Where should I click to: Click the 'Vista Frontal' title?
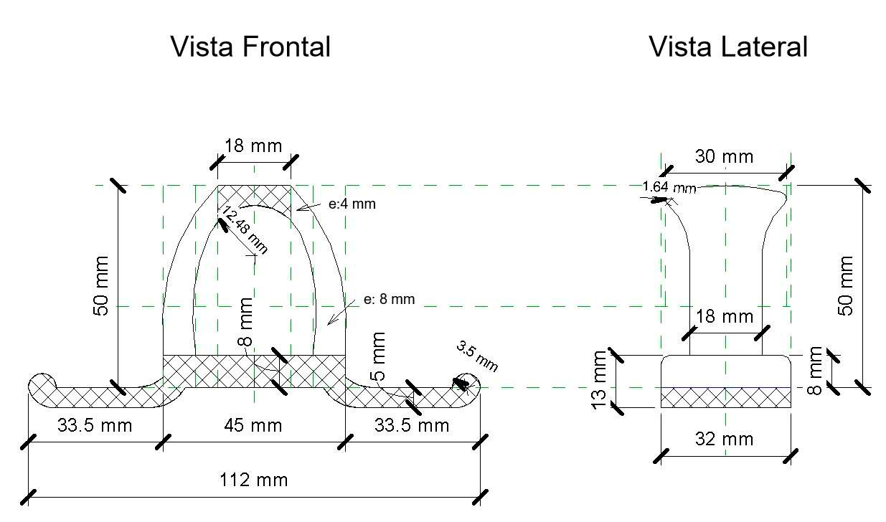click(x=250, y=47)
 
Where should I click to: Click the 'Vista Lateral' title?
click(x=728, y=47)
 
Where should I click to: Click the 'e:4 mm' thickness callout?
click(x=352, y=204)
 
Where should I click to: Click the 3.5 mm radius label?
click(x=477, y=356)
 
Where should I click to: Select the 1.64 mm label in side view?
click(x=669, y=187)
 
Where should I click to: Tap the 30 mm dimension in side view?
click(x=725, y=156)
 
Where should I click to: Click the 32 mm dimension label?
click(x=725, y=439)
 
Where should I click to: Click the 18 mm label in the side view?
click(x=725, y=316)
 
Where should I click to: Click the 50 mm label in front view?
click(x=102, y=285)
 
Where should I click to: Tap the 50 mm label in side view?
click(x=847, y=285)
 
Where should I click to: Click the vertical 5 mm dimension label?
click(x=379, y=355)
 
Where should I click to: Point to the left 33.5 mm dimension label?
click(x=95, y=425)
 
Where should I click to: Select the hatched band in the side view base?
click(x=725, y=397)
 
